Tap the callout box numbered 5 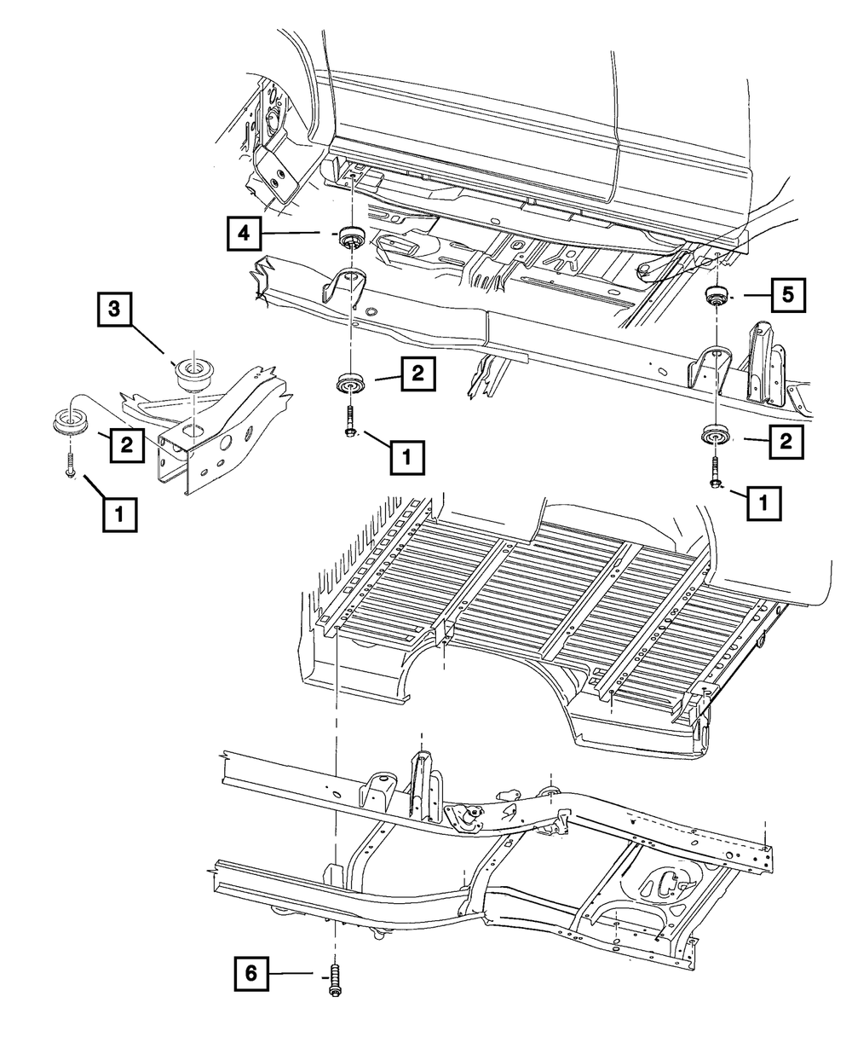click(787, 296)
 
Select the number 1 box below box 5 click(764, 501)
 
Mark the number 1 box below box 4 click(406, 456)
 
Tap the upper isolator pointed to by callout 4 click(348, 236)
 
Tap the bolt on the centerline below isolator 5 click(714, 474)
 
